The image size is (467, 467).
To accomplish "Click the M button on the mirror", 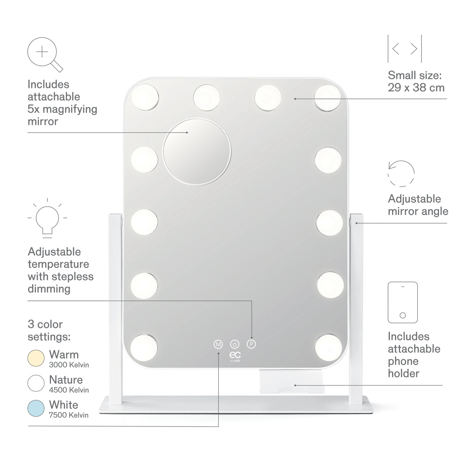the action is click(x=218, y=344).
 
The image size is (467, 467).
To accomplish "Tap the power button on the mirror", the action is click(x=235, y=344).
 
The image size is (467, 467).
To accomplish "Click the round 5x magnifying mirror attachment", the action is click(x=197, y=152).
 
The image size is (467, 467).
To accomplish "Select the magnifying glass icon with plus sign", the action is click(x=45, y=54).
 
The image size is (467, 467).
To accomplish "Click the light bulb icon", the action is click(x=47, y=218).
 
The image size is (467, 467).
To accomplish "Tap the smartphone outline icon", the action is click(x=402, y=302).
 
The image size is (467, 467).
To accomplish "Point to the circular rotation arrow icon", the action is click(x=401, y=174).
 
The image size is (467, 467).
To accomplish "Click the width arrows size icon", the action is click(x=405, y=49).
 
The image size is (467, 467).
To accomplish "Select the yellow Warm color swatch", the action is click(x=36, y=358).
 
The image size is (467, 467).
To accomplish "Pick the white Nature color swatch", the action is click(x=36, y=383).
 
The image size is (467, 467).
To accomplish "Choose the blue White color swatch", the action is click(x=36, y=408).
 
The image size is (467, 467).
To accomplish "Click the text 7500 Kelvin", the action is click(x=68, y=415).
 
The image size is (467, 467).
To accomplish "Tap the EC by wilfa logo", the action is click(x=235, y=356).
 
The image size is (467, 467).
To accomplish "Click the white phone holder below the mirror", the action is click(x=292, y=381).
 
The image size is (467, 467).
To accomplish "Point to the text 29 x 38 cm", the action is click(x=416, y=88).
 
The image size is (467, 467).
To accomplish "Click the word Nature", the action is click(x=66, y=380).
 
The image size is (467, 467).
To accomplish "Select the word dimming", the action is click(x=49, y=289).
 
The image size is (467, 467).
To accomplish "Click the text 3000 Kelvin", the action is click(x=69, y=365).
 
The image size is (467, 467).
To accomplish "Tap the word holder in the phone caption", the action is click(x=404, y=374).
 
